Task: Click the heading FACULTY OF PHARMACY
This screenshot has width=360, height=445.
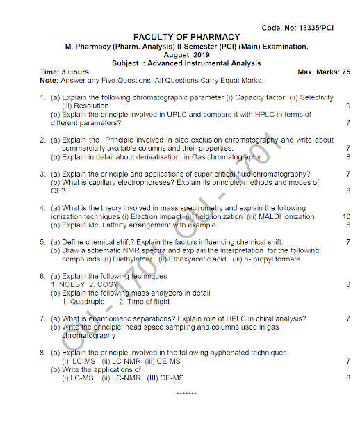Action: coord(186,37)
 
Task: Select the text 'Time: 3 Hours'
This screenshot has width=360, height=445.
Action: coord(65,72)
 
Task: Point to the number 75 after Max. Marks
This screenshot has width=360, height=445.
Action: coord(345,72)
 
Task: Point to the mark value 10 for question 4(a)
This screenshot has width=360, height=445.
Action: coord(346,217)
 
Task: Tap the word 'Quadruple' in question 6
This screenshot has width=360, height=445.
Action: coord(88,302)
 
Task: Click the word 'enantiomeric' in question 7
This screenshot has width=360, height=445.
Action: coord(108,319)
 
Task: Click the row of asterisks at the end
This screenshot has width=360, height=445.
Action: coord(186,394)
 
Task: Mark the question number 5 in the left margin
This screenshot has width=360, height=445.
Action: coord(42,242)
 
